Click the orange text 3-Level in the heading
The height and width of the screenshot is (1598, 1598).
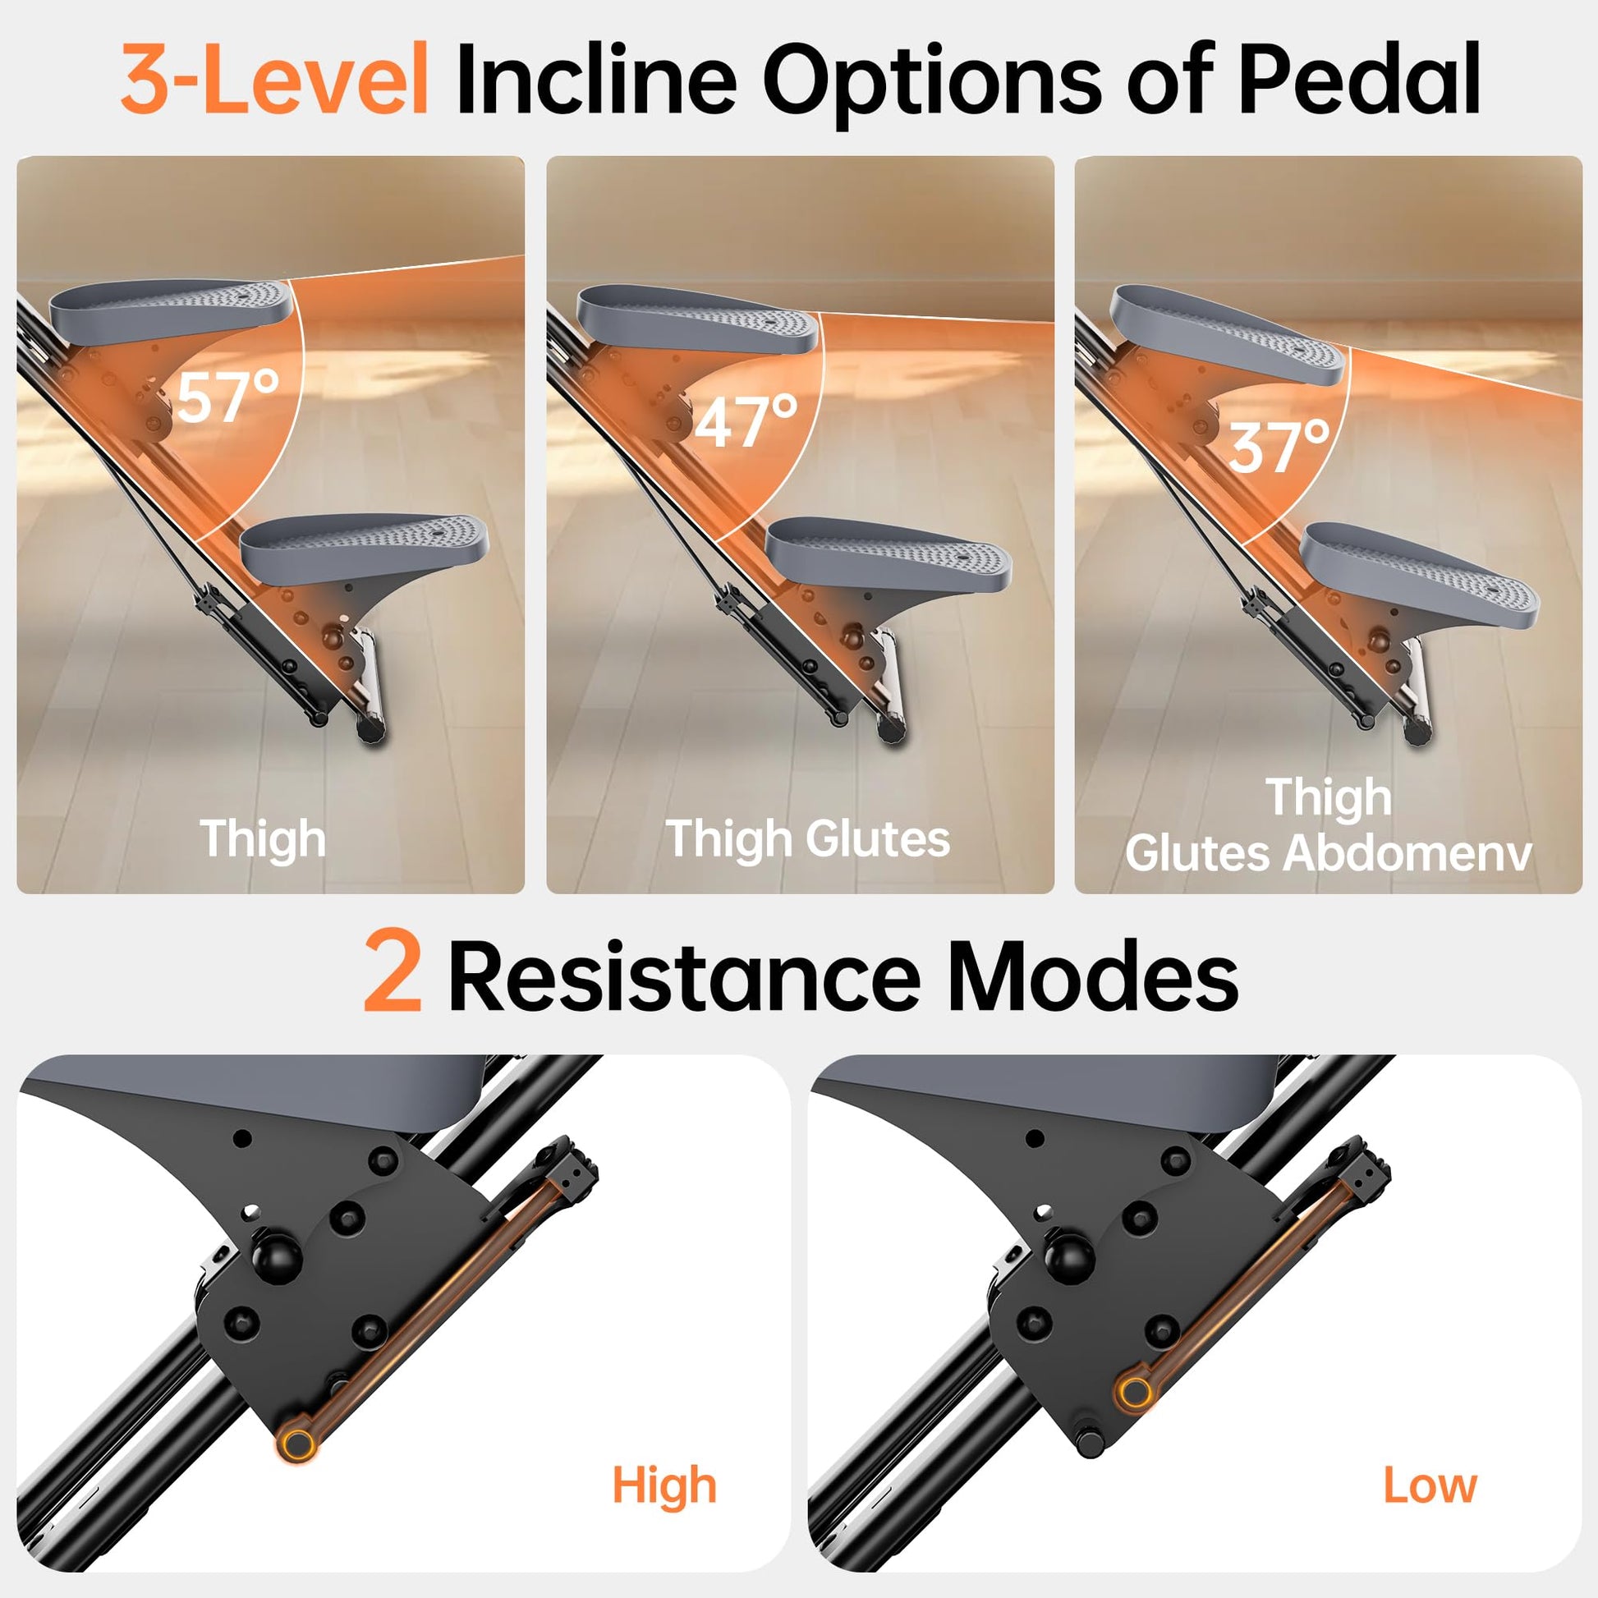(274, 80)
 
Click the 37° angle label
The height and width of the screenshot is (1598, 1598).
(1279, 447)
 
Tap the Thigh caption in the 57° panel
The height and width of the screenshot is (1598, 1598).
(263, 839)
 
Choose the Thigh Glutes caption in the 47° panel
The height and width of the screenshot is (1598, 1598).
(808, 839)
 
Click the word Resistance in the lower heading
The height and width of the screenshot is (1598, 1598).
(684, 976)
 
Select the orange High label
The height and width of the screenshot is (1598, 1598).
(664, 1485)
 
